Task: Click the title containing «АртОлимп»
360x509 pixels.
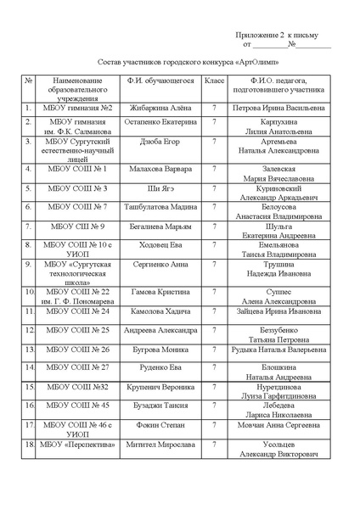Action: click(180, 64)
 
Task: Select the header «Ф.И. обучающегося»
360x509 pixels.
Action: click(160, 81)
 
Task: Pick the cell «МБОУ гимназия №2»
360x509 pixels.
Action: click(77, 109)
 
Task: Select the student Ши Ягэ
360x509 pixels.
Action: click(160, 189)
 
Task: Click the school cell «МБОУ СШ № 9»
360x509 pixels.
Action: click(77, 227)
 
